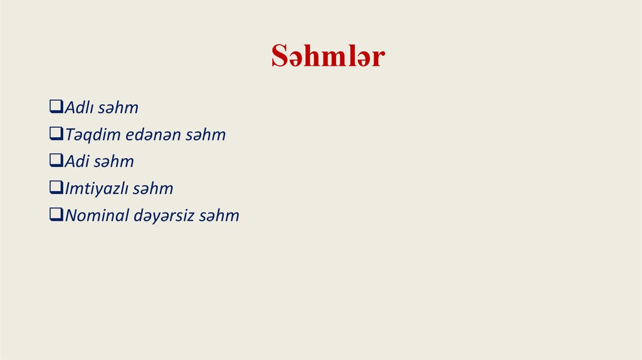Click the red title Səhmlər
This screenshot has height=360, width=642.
tap(328, 57)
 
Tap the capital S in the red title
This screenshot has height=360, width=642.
tap(278, 57)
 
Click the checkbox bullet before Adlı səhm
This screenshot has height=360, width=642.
tap(56, 107)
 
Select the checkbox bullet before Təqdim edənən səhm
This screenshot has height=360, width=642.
tap(56, 134)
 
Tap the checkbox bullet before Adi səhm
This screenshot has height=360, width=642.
tap(56, 161)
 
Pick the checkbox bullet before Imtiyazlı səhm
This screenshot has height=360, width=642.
tap(56, 188)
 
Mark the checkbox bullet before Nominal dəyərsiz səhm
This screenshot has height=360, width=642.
tap(56, 215)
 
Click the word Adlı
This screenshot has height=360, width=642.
tap(79, 108)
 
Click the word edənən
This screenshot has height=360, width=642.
tap(150, 135)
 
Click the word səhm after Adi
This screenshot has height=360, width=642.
tap(114, 162)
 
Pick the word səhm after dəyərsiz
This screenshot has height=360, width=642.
tap(219, 216)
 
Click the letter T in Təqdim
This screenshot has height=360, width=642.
tap(70, 135)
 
